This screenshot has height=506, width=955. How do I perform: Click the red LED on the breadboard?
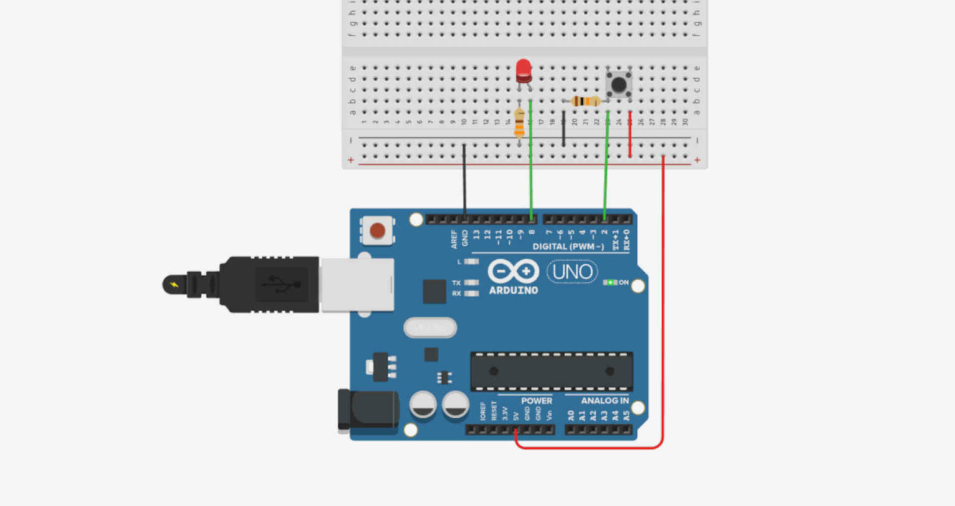(524, 70)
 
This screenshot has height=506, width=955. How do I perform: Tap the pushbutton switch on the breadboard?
(619, 84)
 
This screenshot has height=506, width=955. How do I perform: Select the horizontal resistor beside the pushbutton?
(585, 101)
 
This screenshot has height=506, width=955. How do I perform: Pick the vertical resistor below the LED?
(520, 122)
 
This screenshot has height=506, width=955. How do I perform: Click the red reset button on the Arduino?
(377, 231)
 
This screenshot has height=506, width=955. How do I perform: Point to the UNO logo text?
(572, 272)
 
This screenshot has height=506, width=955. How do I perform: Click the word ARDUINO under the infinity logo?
(513, 290)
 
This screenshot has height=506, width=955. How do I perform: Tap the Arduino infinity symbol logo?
(513, 271)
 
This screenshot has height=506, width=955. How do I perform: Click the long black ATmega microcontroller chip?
(551, 371)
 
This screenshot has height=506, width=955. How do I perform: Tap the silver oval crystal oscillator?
(430, 327)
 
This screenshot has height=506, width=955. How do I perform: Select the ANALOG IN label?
(604, 401)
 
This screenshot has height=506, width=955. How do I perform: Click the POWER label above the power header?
(536, 401)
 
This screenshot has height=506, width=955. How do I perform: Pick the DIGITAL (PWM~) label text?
(568, 247)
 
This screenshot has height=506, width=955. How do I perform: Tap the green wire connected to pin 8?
(531, 180)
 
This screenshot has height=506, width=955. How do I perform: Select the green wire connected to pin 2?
(606, 180)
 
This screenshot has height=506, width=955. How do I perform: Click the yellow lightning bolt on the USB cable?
(174, 285)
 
